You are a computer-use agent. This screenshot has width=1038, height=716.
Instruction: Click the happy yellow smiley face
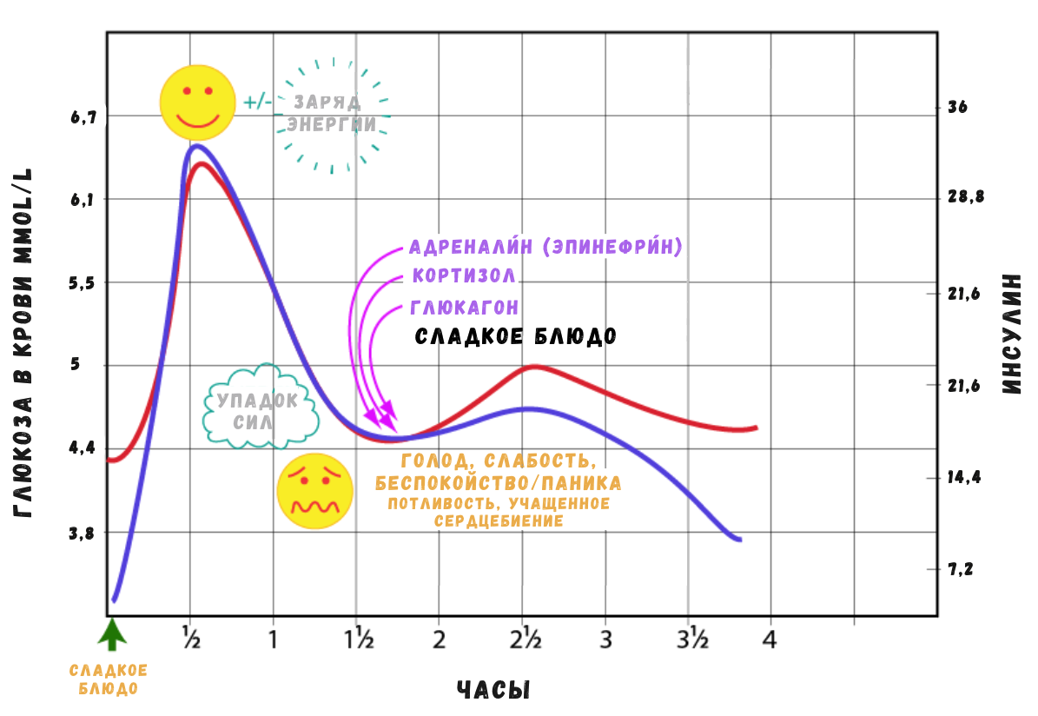tap(197, 102)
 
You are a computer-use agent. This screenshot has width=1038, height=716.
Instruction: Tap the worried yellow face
tap(315, 491)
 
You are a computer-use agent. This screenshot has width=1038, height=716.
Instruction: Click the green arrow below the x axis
tap(111, 634)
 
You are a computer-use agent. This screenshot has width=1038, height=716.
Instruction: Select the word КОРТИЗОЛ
tap(464, 276)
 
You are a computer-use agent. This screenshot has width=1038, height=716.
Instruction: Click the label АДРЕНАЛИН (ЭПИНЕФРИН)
tap(545, 247)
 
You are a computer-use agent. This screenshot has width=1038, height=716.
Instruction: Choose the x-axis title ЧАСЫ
tap(493, 691)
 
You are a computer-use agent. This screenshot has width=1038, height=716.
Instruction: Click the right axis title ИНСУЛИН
tap(1009, 335)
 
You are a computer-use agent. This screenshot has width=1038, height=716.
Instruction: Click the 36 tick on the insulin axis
tap(958, 108)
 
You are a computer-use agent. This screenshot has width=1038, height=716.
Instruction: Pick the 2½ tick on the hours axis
tap(526, 640)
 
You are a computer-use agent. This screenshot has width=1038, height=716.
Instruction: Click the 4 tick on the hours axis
tap(769, 640)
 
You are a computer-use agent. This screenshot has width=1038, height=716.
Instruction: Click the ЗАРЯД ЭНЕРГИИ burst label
tap(333, 113)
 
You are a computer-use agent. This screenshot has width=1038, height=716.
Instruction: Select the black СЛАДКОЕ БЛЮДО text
tap(516, 336)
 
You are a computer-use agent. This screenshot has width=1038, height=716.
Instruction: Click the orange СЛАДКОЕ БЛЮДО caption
tap(108, 680)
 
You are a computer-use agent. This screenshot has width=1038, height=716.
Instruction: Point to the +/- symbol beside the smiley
tap(258, 103)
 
